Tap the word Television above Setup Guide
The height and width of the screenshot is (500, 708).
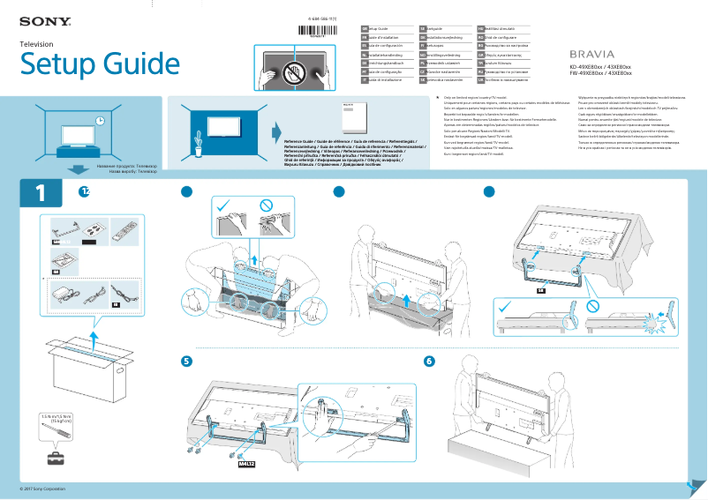pos(37,43)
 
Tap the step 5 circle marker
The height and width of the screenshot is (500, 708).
pos(186,362)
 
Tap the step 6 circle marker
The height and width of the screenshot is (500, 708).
pos(429,362)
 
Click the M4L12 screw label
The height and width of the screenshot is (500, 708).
pos(246,461)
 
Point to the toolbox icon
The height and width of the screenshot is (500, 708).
pos(56,457)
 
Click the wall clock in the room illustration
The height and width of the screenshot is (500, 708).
pos(101,120)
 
